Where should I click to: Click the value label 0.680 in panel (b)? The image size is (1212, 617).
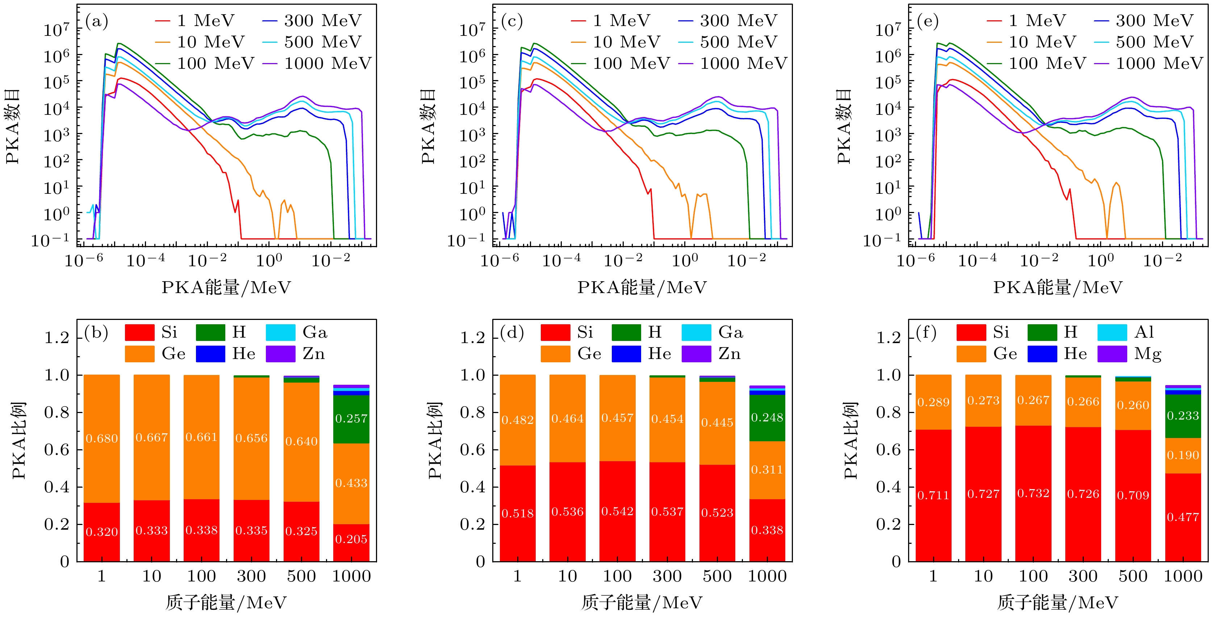coord(102,439)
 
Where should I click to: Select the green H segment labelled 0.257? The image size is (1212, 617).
coord(351,419)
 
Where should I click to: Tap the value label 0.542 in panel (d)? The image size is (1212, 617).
coord(617,511)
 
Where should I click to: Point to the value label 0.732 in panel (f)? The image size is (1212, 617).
coord(1033,493)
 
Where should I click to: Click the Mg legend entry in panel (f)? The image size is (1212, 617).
coord(1129,354)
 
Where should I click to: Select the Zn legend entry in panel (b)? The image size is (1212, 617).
coord(296,354)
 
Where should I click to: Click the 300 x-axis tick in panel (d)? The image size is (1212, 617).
coord(667,576)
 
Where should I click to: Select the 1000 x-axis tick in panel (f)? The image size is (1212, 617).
coord(1183,576)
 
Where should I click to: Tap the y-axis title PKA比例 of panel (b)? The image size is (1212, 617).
coord(19,441)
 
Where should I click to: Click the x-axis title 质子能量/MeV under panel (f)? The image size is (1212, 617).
coord(1058,603)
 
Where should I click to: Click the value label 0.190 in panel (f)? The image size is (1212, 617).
coord(1183,455)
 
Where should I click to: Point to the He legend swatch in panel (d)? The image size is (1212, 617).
coord(626,354)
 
